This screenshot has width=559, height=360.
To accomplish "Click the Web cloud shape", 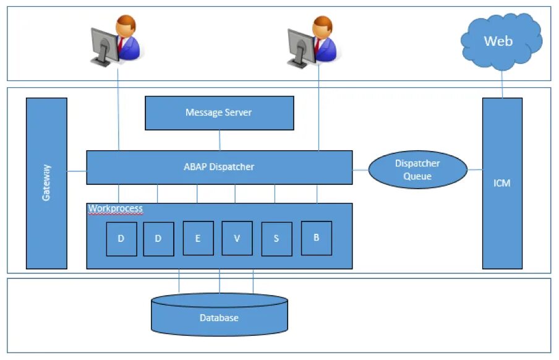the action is [x=501, y=41].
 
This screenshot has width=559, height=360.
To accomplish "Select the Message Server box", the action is [x=220, y=113].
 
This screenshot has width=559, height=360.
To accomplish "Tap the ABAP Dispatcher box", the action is [x=220, y=168].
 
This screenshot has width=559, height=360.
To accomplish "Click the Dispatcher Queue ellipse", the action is [x=417, y=169].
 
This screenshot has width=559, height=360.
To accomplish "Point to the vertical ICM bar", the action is [x=502, y=183].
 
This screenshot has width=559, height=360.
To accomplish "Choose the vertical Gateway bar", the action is [x=46, y=183].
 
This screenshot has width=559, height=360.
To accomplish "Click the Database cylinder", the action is [x=220, y=314].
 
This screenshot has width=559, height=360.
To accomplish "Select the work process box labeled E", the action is [x=198, y=238].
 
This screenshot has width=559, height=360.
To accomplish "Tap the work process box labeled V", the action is [x=237, y=238].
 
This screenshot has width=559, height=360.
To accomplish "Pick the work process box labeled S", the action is [x=276, y=239].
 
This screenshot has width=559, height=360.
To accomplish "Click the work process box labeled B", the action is [x=316, y=238].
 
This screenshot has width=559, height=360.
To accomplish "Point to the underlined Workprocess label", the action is [x=116, y=208].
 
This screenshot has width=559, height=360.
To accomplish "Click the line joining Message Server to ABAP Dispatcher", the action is [x=220, y=140].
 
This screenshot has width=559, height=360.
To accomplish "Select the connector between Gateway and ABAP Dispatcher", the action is [x=77, y=171].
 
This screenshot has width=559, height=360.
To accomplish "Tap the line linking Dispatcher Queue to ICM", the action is [x=475, y=170].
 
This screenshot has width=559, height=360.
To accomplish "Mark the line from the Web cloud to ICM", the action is [x=502, y=84].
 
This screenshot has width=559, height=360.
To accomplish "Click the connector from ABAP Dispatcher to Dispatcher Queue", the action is [x=361, y=170].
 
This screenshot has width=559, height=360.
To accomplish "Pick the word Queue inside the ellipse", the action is [x=417, y=176].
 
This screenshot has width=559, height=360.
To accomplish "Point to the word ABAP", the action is [x=195, y=166].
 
